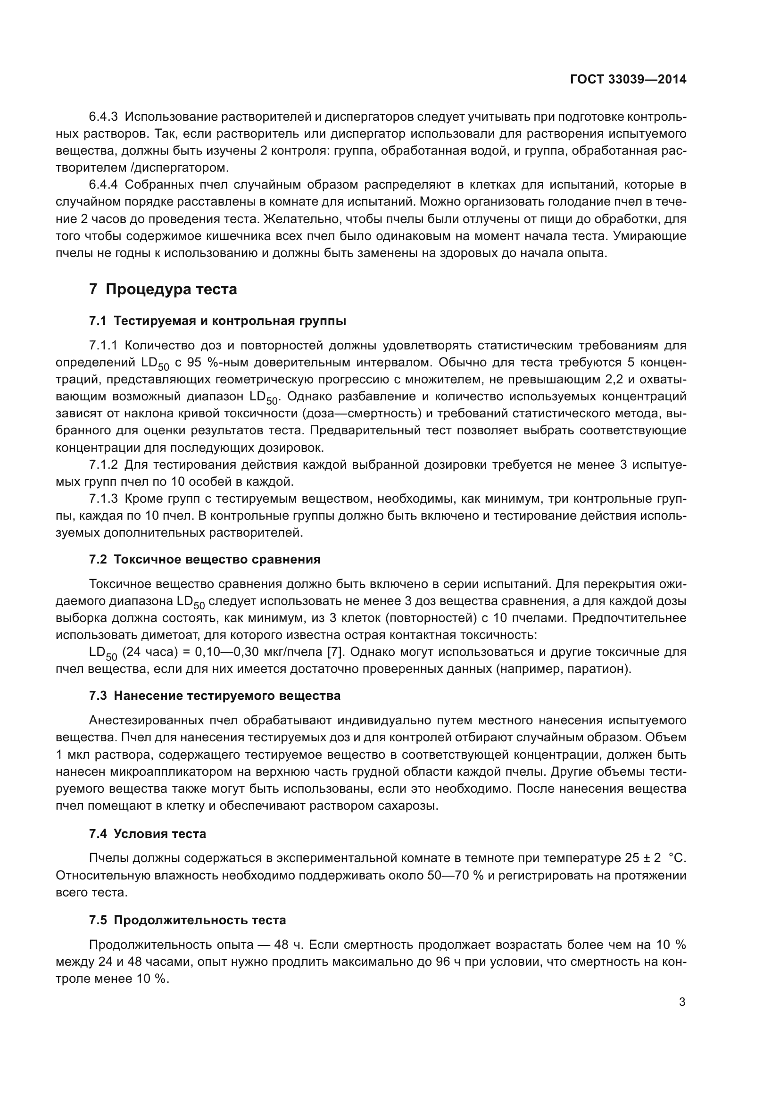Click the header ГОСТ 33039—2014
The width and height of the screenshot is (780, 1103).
[628, 79]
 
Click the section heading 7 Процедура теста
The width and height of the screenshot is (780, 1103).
[163, 289]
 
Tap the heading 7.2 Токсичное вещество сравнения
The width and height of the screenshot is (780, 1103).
[205, 559]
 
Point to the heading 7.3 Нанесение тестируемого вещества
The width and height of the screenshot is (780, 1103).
[215, 696]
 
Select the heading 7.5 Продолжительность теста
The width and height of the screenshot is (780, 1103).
[187, 920]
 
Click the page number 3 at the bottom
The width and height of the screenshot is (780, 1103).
[682, 1002]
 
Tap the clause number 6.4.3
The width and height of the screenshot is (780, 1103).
[103, 117]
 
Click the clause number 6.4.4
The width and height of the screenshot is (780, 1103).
[103, 184]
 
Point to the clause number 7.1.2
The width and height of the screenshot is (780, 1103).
[103, 464]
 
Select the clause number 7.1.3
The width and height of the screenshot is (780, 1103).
[103, 498]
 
